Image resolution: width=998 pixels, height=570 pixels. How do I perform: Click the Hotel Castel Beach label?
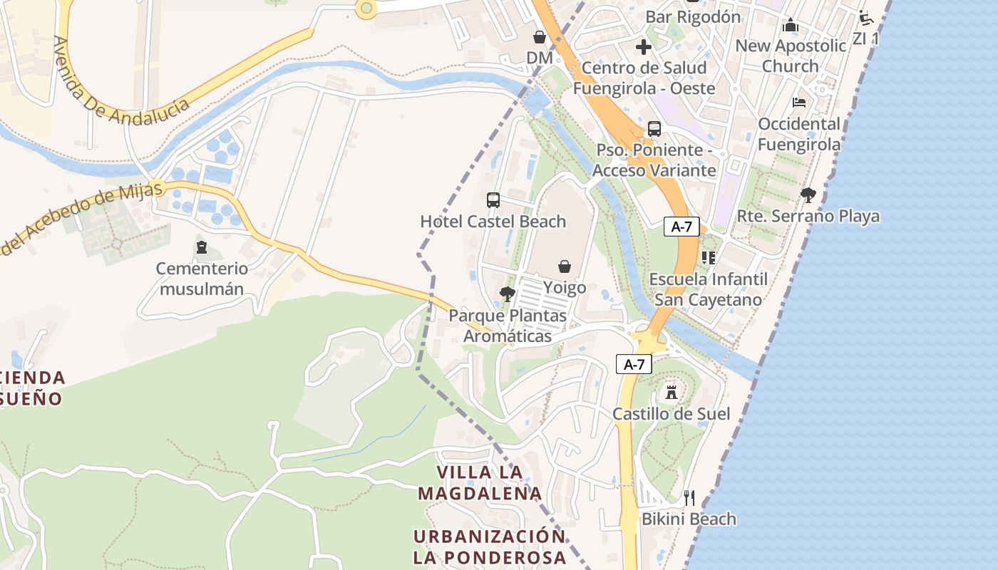[493, 222]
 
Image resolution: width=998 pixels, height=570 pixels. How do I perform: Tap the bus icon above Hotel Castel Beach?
[493, 200]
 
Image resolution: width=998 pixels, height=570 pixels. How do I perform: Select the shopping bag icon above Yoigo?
[565, 266]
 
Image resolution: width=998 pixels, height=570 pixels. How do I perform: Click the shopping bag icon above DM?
[540, 36]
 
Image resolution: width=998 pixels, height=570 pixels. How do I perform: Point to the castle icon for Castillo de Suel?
[671, 392]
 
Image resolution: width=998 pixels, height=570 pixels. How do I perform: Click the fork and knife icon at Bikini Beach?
[689, 497]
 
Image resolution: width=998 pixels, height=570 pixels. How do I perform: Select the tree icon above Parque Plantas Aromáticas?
[507, 294]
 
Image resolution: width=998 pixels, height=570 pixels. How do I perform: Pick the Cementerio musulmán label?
[202, 279]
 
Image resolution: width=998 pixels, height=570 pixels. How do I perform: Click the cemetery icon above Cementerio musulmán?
[202, 248]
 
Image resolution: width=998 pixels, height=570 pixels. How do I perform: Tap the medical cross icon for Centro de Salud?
[644, 47]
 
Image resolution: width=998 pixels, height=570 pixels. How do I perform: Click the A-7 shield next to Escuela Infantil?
[681, 227]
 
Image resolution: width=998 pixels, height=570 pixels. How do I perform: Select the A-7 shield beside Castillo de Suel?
[634, 364]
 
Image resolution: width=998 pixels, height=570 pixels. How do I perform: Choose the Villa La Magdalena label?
[480, 482]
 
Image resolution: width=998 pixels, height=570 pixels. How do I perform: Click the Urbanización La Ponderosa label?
[489, 546]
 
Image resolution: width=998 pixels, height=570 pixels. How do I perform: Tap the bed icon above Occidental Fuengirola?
[799, 103]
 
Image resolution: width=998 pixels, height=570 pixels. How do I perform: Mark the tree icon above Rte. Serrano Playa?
[808, 195]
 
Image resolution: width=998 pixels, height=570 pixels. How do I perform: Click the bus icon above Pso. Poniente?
[654, 129]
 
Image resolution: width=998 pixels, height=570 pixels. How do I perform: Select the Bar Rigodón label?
[693, 16]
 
